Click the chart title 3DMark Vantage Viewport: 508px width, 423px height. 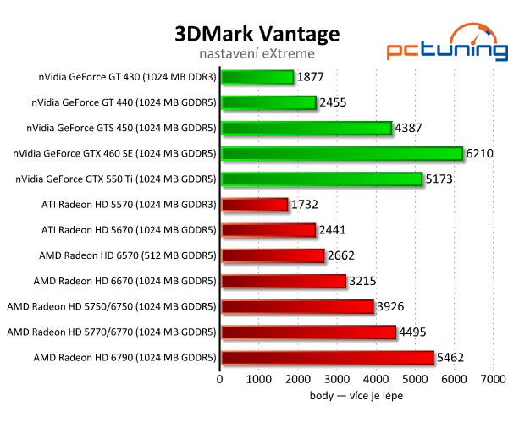tap(257, 33)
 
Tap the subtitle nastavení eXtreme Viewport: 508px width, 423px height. tap(257, 54)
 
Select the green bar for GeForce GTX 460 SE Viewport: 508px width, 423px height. tap(341, 153)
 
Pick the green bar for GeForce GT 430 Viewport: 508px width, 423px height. tap(257, 77)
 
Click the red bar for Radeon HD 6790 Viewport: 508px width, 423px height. tap(327, 358)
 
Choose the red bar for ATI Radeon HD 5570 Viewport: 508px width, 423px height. tap(254, 204)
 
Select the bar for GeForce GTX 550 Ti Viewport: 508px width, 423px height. tap(321, 179)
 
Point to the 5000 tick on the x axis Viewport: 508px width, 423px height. tap(415, 380)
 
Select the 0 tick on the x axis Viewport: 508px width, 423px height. tap(220, 380)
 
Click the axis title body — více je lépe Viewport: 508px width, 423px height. tap(356, 395)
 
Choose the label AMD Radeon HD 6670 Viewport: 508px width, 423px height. tap(124, 281)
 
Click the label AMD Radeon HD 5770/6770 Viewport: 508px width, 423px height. tap(112, 332)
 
